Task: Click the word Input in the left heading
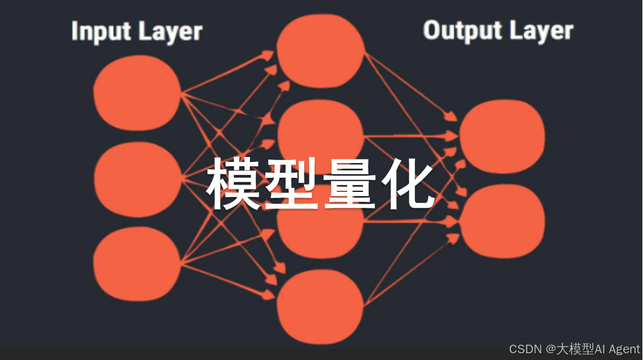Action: coord(98,31)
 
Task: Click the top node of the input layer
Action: coord(137,92)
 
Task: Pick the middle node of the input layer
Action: coord(137,179)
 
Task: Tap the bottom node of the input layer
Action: coord(137,264)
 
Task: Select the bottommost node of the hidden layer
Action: coord(320,306)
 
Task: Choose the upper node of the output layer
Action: coord(502,136)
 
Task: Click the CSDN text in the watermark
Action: coord(525,349)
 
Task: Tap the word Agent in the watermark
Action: coord(624,349)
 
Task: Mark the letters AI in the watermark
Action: coord(600,349)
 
